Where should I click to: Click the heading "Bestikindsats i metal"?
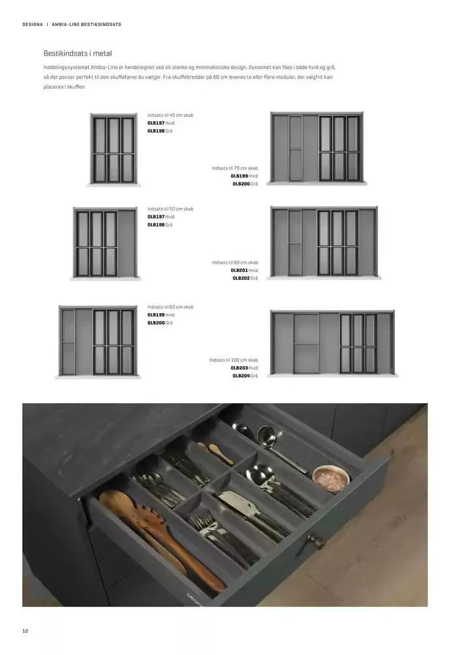tap(77, 53)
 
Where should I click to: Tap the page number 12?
tap(25, 631)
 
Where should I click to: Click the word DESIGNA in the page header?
tap(33, 25)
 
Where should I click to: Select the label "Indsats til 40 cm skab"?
tap(170, 115)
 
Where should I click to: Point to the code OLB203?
tap(239, 368)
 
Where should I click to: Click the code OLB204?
tap(241, 376)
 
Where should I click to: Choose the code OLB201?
tap(239, 270)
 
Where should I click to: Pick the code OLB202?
tap(241, 278)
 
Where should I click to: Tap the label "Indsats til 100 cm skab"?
tap(233, 360)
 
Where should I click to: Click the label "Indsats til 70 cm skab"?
tap(234, 168)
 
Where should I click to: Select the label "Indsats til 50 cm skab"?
tap(170, 209)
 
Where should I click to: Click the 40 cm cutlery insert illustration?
tap(114, 149)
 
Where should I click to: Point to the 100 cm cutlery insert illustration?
tap(332, 343)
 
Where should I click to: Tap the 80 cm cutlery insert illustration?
tap(324, 241)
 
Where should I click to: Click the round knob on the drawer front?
tap(317, 541)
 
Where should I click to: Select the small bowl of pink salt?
tap(331, 479)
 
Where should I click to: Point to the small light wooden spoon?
tap(217, 453)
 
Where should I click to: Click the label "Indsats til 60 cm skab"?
tap(170, 307)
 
